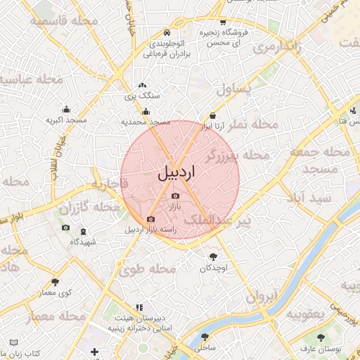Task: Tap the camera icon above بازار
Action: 175,196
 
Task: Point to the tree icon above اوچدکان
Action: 214,257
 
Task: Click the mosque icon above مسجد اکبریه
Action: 66,110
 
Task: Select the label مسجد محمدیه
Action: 146,122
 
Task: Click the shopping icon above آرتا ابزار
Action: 212,116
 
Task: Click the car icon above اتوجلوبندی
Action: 166,32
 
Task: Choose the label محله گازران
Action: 89,208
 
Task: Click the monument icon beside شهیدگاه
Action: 84,232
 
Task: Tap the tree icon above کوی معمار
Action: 55,282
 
